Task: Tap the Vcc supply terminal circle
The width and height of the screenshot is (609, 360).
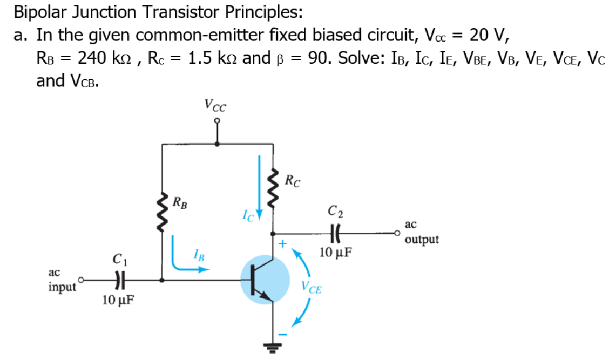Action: point(217,123)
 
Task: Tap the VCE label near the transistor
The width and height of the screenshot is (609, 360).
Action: point(312,288)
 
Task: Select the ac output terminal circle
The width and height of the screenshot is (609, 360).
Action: point(398,234)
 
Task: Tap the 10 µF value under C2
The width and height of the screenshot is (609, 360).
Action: point(336,252)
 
